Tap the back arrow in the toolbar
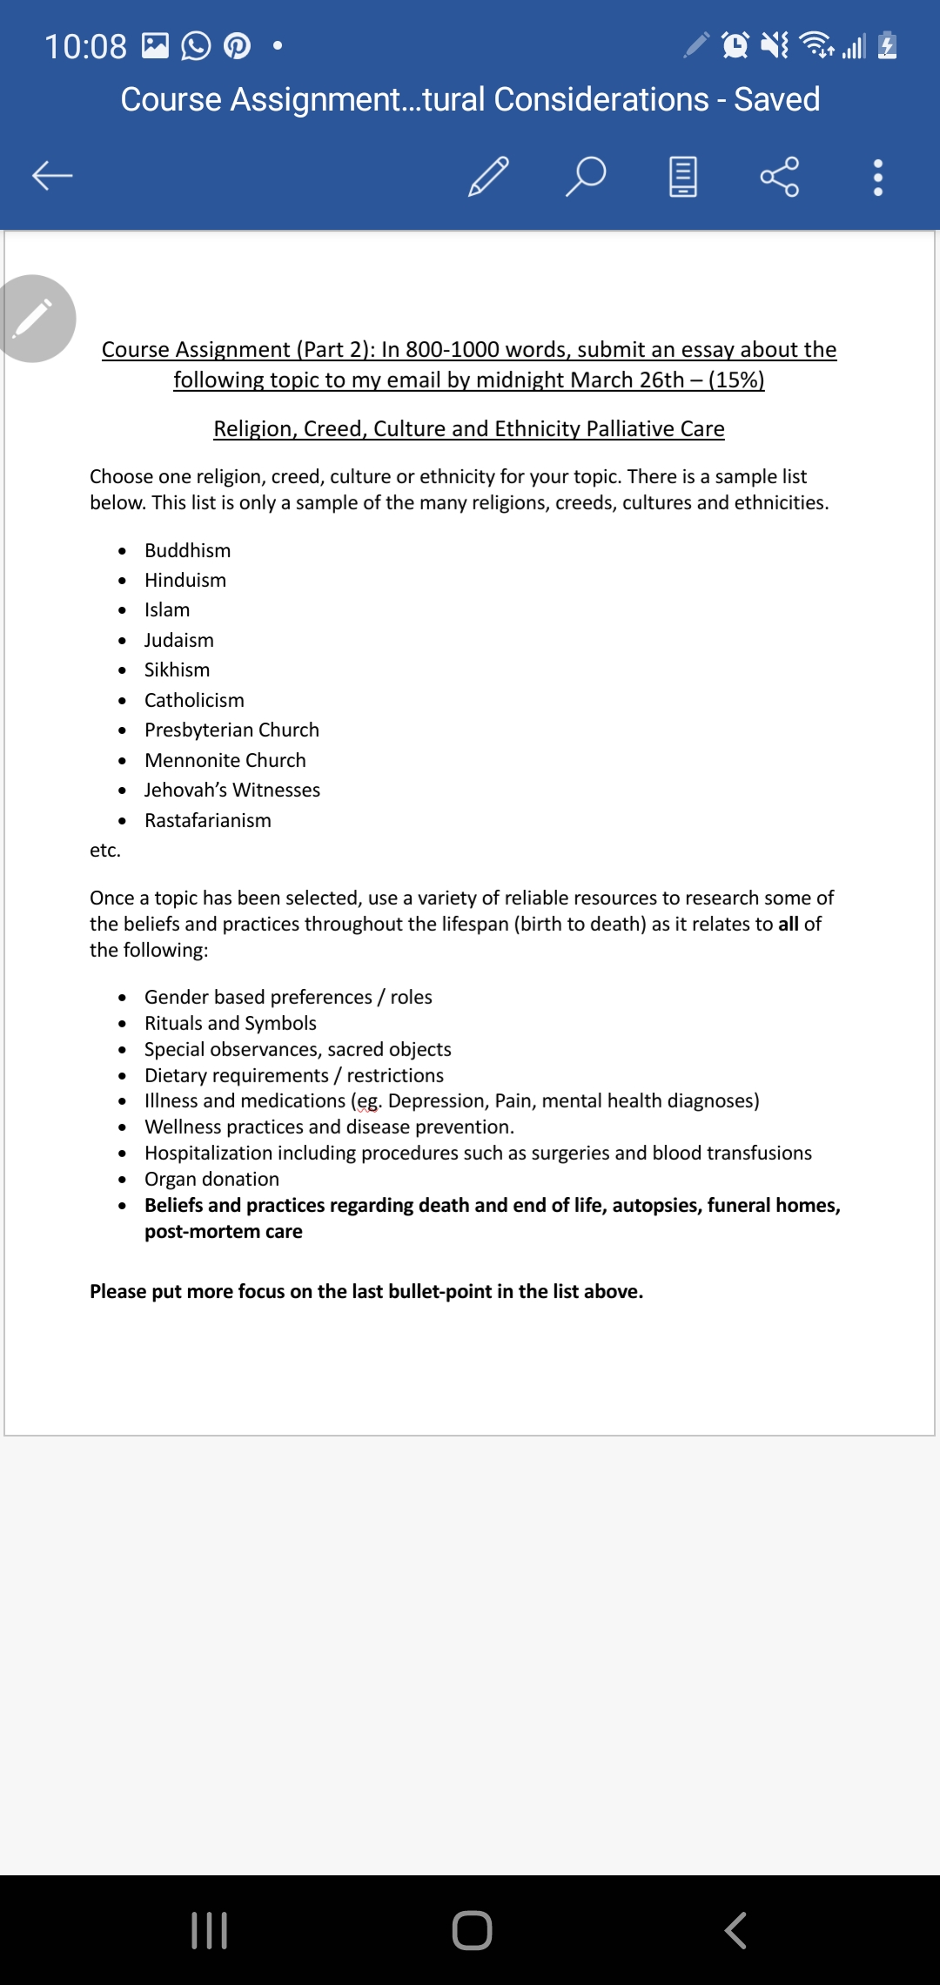click(x=52, y=176)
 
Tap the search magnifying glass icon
click(x=586, y=176)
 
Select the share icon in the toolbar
click(x=779, y=176)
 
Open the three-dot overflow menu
click(x=877, y=177)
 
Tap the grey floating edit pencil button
click(x=35, y=319)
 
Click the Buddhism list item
click(x=187, y=551)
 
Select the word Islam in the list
click(x=167, y=610)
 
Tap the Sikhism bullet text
click(x=177, y=670)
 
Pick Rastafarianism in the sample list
click(x=207, y=821)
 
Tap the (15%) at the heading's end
click(x=736, y=380)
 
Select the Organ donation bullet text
click(x=211, y=1180)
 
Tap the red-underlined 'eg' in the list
click(x=368, y=1101)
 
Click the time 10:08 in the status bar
click(x=85, y=46)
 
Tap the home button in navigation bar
click(x=472, y=1930)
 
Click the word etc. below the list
click(x=105, y=851)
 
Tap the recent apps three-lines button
click(x=209, y=1930)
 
